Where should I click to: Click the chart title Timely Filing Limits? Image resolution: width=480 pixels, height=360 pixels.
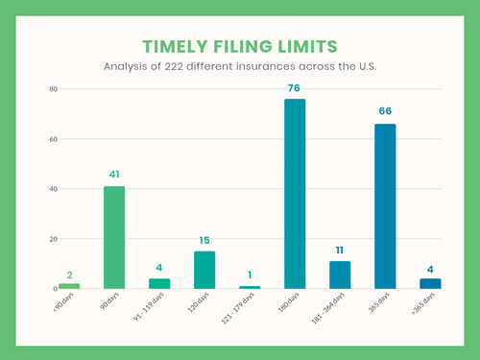click(x=240, y=47)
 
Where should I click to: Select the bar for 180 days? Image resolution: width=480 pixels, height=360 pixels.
click(x=295, y=193)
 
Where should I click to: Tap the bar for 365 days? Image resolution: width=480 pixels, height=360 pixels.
click(x=385, y=205)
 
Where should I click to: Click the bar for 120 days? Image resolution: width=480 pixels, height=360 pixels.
click(x=204, y=270)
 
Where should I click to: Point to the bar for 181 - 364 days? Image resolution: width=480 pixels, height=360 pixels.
click(x=340, y=275)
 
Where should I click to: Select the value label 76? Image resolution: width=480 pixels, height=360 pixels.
click(x=295, y=89)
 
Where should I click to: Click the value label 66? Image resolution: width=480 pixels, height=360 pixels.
click(x=385, y=111)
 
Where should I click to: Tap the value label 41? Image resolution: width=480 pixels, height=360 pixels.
click(x=114, y=175)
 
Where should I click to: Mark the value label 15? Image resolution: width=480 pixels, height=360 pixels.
click(x=204, y=240)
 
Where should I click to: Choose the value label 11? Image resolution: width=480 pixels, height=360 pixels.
click(x=340, y=250)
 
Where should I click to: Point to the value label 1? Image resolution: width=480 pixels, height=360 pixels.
click(x=250, y=275)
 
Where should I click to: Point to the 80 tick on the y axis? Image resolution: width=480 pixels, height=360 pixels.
click(x=54, y=89)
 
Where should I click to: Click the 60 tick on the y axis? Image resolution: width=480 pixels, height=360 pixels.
click(x=54, y=139)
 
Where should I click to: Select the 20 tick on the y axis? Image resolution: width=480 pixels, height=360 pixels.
click(x=54, y=239)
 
